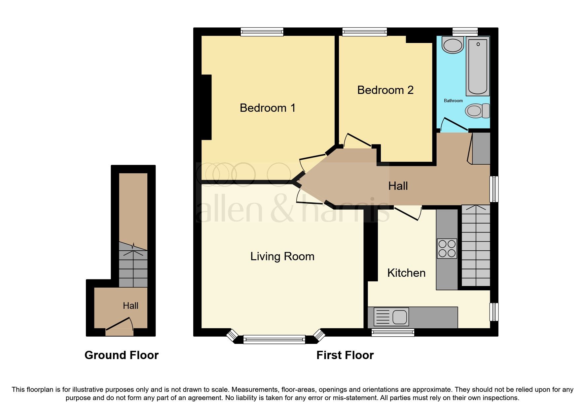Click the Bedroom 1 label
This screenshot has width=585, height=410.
coord(267,108)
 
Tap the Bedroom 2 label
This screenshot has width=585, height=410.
coord(385,90)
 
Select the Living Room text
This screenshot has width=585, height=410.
coord(282,256)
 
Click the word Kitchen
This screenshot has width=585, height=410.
coord(406,273)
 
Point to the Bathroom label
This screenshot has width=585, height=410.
coord(453,101)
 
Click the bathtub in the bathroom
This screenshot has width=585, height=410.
coord(478,66)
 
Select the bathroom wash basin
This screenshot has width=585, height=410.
coord(453,45)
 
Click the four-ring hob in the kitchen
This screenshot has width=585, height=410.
coord(447,249)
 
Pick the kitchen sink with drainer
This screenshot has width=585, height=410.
coord(391,317)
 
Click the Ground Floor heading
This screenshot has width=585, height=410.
coord(121,355)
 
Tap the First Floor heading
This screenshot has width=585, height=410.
coord(345,355)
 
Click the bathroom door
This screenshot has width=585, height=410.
coord(454,124)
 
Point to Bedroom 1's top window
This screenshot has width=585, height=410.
coord(262,32)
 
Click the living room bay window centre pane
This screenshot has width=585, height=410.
coord(274,339)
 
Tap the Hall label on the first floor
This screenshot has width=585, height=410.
coord(398,186)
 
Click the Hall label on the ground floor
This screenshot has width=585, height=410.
coord(130,306)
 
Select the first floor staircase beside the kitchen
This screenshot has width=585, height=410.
coord(476,246)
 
